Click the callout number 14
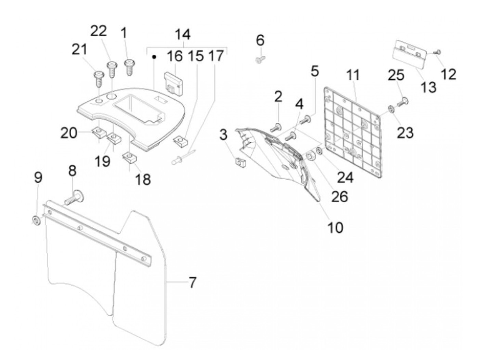[x=183, y=35]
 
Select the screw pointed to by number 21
[x=99, y=78]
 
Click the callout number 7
[x=193, y=283]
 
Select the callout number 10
[x=335, y=227]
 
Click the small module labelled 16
[x=174, y=82]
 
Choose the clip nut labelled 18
[x=129, y=158]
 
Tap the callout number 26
[x=340, y=196]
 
